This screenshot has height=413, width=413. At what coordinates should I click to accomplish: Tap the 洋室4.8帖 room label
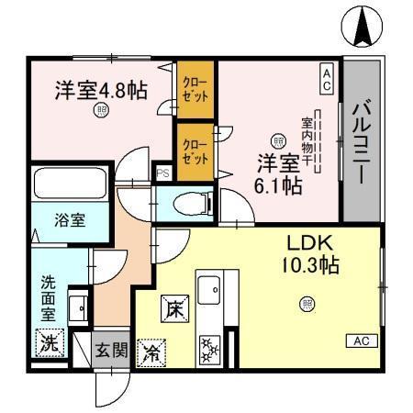click(x=100, y=90)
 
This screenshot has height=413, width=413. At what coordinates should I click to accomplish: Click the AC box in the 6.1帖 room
click(x=325, y=77)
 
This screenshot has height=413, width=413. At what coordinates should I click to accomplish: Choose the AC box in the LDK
click(x=362, y=341)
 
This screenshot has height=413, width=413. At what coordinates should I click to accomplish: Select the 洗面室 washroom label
click(x=48, y=295)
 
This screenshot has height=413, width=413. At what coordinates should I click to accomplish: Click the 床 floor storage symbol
click(x=173, y=309)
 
